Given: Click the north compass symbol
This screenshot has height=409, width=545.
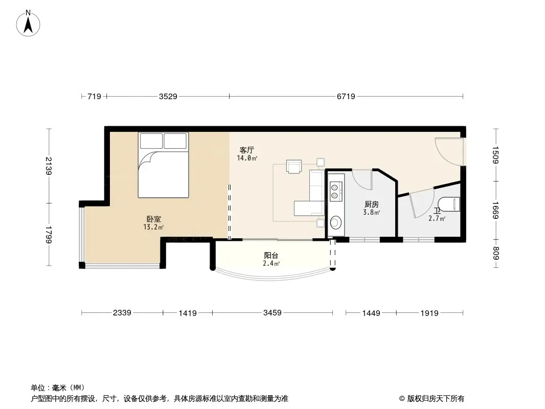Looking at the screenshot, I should (29, 23).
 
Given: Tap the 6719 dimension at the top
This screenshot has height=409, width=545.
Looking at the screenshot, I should (346, 96).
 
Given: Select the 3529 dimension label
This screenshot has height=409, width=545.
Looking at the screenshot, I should (168, 96).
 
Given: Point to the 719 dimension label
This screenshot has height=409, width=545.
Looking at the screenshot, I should (94, 96).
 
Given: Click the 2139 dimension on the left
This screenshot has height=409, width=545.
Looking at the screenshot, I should (49, 165).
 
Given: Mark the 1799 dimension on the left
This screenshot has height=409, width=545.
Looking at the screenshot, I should (49, 235).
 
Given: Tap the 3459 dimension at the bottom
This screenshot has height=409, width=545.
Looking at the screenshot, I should (272, 313).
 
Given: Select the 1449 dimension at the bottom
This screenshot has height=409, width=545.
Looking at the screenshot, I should (371, 313).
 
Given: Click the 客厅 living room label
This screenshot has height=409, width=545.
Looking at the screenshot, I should (247, 150).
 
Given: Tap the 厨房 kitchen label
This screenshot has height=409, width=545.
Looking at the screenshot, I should (371, 204).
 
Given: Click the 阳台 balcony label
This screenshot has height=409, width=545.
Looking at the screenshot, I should (271, 256).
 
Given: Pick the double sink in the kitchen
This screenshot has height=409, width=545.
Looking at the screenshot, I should (335, 190).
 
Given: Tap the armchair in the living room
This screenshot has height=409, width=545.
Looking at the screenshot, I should (294, 167).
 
